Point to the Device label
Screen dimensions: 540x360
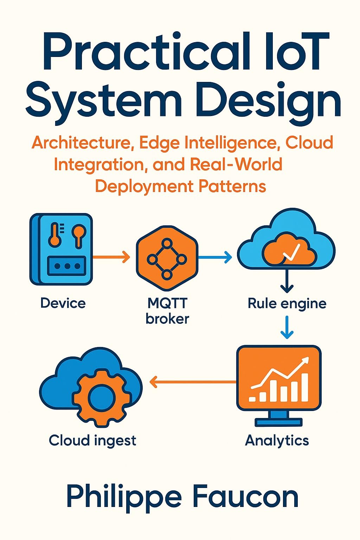(x=63, y=303)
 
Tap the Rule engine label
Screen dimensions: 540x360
(x=287, y=303)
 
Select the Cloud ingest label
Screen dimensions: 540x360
(x=92, y=440)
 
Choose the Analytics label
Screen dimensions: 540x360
(x=277, y=440)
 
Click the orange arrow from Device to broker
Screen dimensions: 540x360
(x=111, y=257)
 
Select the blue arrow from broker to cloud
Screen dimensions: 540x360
(x=215, y=257)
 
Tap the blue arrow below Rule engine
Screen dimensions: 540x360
(x=287, y=327)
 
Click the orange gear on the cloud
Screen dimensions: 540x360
(x=101, y=397)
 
